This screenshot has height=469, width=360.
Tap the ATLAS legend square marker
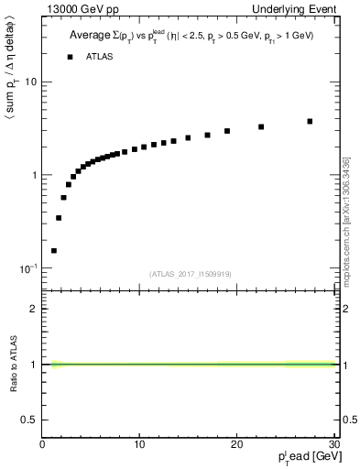pyautogui.click(x=70, y=57)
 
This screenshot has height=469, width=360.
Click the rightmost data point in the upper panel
pyautogui.click(x=310, y=121)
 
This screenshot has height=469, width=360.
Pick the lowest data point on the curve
pyautogui.click(x=54, y=250)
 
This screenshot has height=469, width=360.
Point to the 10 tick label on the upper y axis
pyautogui.click(x=30, y=82)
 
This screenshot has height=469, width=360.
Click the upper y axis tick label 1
pyautogui.click(x=34, y=175)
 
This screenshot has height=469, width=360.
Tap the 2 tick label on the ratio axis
pyautogui.click(x=34, y=309)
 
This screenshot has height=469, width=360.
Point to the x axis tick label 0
pyautogui.click(x=42, y=445)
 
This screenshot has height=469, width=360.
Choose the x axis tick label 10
pyautogui.click(x=138, y=445)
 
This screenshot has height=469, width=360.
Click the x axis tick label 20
pyautogui.click(x=235, y=445)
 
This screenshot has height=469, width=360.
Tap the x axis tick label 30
pyautogui.click(x=332, y=445)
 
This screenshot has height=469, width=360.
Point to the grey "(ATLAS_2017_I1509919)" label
pyautogui.click(x=188, y=272)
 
